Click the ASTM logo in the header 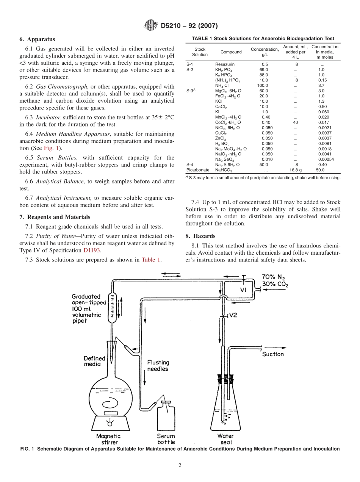click(150, 26)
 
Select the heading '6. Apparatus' click(37, 39)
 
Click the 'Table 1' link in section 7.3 click(151, 260)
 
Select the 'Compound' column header click(231, 52)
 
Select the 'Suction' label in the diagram click(273, 354)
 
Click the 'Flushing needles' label click(158, 365)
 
